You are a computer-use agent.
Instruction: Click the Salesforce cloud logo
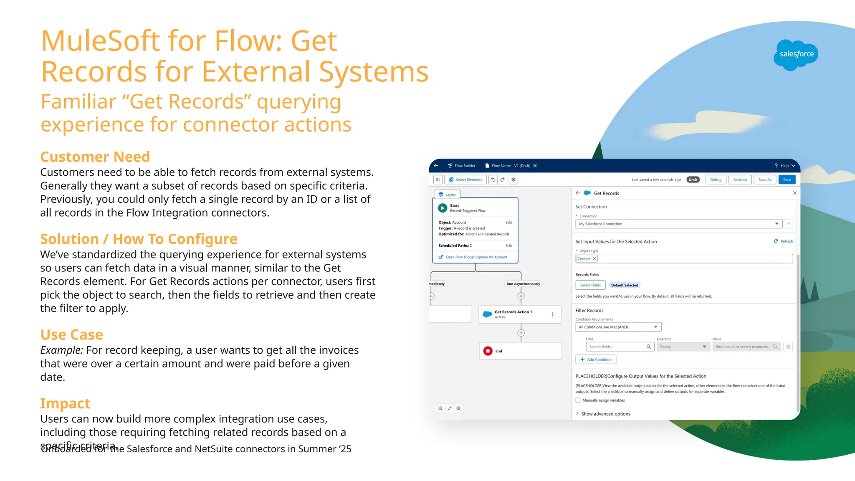[796, 55]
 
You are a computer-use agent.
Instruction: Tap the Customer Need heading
[95, 157]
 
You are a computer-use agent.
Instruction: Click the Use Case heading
[71, 334]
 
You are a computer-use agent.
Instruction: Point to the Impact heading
[65, 403]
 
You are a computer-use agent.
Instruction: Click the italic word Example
[61, 350]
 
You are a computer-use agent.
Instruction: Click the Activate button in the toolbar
[740, 180]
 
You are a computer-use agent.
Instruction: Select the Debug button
[716, 180]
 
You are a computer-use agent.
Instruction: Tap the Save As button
[765, 180]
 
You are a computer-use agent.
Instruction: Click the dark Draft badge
[693, 180]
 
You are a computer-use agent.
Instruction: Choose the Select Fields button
[590, 285]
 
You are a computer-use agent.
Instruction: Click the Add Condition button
[596, 359]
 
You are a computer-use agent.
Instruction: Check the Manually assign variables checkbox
[578, 400]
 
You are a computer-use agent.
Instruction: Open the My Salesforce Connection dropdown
[678, 224]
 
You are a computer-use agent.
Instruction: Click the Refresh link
[783, 241]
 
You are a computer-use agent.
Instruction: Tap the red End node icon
[488, 351]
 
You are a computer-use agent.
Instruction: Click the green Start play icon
[443, 208]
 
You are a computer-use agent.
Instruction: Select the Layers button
[447, 195]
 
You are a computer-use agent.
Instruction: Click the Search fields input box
[620, 347]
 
